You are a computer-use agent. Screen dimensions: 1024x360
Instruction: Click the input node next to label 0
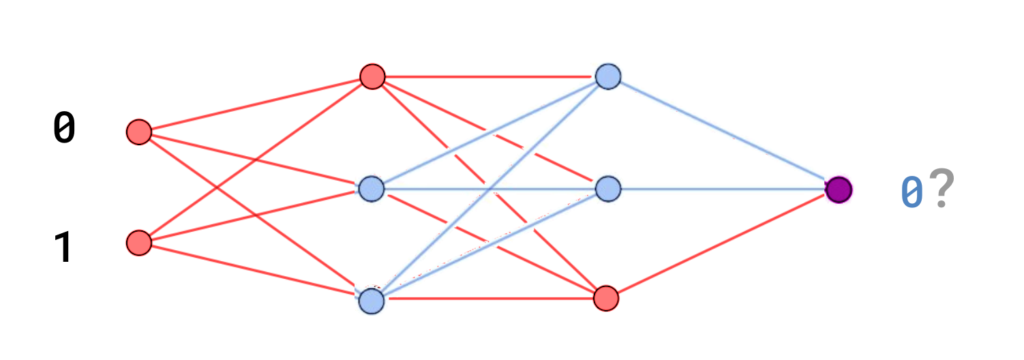(x=139, y=132)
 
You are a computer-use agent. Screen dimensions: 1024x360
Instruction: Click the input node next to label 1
(x=139, y=243)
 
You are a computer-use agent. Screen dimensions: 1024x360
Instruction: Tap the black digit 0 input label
(x=64, y=127)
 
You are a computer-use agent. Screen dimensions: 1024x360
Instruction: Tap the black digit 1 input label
(x=63, y=247)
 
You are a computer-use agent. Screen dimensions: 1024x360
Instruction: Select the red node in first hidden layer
(x=372, y=76)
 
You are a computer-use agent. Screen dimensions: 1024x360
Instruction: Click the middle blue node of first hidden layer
(x=372, y=189)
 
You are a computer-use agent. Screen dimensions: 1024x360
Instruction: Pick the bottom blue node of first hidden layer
(x=372, y=301)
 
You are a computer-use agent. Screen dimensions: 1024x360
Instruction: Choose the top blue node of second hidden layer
(x=608, y=76)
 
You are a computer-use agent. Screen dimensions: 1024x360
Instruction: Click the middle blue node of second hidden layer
(x=608, y=189)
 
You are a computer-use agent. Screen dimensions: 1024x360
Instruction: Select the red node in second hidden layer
(x=606, y=298)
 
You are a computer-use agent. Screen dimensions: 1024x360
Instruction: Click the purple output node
(x=839, y=190)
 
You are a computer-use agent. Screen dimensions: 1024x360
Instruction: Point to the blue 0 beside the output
(x=912, y=192)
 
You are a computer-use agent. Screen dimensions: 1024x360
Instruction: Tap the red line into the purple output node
(x=723, y=244)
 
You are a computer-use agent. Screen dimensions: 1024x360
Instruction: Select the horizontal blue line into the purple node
(x=723, y=189)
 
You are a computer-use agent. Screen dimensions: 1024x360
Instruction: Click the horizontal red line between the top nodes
(x=490, y=77)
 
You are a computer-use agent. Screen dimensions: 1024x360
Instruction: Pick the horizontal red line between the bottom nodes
(x=489, y=299)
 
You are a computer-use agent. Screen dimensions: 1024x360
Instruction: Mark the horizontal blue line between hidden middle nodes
(x=490, y=189)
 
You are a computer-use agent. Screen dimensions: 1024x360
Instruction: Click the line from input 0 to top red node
(x=256, y=104)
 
